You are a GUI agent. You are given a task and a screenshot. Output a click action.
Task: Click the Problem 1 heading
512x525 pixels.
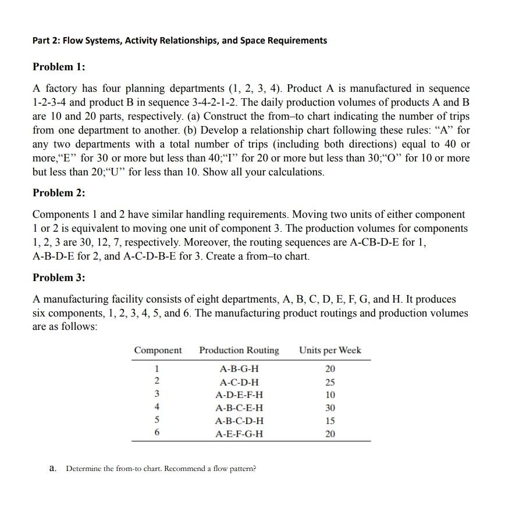coord(59,67)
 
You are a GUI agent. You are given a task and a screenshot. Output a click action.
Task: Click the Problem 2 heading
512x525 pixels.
coord(59,193)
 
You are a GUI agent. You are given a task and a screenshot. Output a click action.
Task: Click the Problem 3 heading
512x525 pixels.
coord(59,278)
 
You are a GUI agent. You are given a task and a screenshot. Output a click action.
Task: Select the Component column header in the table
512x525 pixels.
coord(158,350)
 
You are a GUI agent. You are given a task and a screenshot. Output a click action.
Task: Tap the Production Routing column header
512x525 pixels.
coord(239,350)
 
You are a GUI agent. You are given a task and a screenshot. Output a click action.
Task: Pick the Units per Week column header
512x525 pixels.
coord(330,350)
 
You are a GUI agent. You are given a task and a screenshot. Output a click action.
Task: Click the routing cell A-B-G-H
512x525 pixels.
coord(239,369)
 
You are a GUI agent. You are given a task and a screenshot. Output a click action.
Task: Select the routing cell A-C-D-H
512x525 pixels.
coord(239,382)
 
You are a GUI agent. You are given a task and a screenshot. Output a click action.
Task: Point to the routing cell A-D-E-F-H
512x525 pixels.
coord(239,395)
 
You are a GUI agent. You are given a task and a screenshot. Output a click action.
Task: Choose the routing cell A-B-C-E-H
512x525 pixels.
coord(239,408)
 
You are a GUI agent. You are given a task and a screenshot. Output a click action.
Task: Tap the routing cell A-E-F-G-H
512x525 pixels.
coord(239,434)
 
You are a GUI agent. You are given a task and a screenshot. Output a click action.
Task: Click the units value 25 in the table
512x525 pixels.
coord(330,382)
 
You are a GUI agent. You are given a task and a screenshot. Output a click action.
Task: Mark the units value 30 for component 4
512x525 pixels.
coord(330,408)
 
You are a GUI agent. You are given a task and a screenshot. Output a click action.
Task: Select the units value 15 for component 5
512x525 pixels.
coord(330,421)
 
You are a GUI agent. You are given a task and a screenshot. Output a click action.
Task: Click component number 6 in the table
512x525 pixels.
coord(157,434)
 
